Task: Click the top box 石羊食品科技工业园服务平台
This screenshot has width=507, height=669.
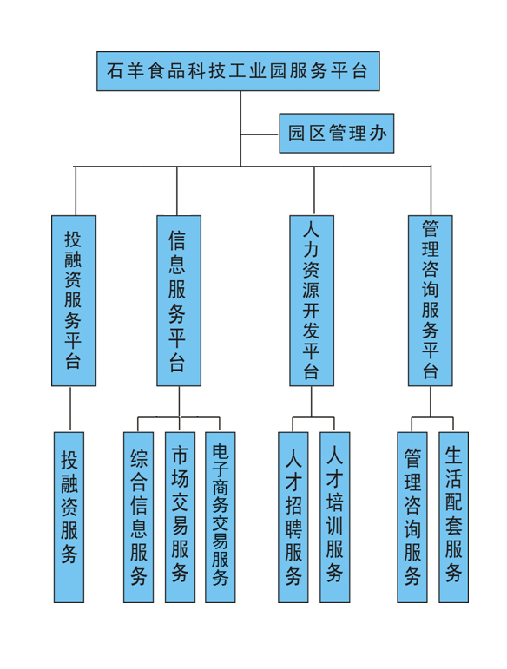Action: coord(238,71)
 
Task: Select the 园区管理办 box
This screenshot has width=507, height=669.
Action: coord(336,133)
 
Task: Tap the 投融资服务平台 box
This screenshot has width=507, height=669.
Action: coord(74,301)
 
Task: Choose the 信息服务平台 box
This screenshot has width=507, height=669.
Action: coord(179,301)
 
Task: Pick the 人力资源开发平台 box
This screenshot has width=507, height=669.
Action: coord(312,301)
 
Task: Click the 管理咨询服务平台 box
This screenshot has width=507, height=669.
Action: coord(431,301)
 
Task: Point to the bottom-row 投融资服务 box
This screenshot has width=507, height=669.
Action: coord(69,517)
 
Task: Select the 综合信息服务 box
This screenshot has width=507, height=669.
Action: coord(138,517)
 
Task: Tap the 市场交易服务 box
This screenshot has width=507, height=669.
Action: coord(180,517)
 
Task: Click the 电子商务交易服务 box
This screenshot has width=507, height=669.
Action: coord(221,517)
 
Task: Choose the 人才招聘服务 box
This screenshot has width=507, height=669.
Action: coord(293,517)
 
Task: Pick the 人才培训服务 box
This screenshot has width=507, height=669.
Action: coord(334,517)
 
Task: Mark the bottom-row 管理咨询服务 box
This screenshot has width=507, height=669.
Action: coord(412,517)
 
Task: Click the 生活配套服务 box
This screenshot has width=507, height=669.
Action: coord(454,517)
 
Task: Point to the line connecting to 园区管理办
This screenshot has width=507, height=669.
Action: coord(260,134)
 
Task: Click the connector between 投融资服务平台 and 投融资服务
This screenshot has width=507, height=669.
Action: coord(70,410)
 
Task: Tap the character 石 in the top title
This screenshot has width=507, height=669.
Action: coord(115,71)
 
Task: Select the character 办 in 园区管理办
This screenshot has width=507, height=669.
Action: coord(378,133)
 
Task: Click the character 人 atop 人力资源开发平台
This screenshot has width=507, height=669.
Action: coord(311,231)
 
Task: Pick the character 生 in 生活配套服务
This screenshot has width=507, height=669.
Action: coord(453,456)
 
